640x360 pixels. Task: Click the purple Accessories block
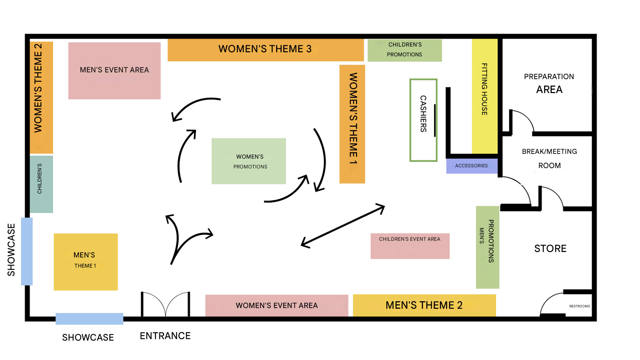(472, 166)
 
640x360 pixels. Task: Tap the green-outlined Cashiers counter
(423, 120)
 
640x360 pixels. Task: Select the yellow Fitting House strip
(485, 96)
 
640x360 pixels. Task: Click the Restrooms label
(580, 306)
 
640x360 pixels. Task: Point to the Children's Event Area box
(410, 246)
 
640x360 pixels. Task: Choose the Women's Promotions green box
(249, 161)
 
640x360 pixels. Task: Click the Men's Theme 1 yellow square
(86, 262)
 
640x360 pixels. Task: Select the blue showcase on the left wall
(27, 251)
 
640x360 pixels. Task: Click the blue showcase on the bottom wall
(89, 319)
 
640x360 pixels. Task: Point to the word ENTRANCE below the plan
(165, 336)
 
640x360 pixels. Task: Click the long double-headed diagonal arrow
(343, 226)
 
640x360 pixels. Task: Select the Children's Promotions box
(405, 50)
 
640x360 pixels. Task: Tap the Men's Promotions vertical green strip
(487, 247)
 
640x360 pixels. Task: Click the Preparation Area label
(549, 83)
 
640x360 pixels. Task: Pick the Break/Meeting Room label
(549, 158)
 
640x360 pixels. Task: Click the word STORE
(550, 249)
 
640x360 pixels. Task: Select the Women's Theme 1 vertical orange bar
(352, 124)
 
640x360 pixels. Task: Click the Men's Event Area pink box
(114, 71)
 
